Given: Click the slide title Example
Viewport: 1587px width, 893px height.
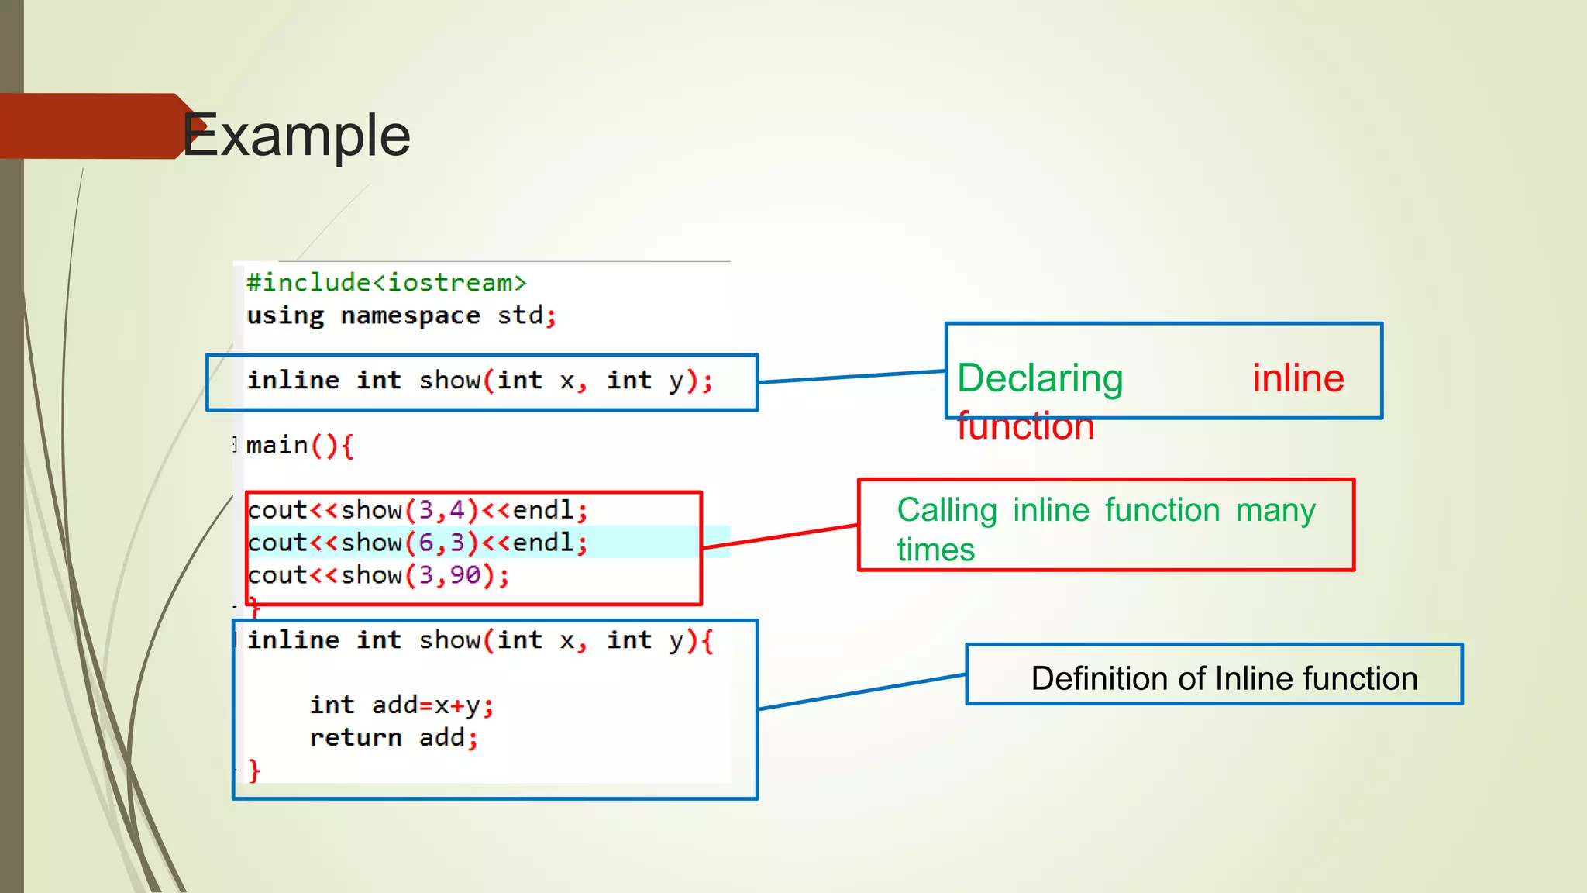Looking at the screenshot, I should pyautogui.click(x=297, y=136).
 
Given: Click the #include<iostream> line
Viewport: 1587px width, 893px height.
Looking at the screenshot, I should pyautogui.click(x=386, y=283).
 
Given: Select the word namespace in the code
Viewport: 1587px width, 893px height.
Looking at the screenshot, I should pyautogui.click(x=410, y=316).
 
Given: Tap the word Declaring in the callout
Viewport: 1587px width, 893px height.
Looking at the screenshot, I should pyautogui.click(x=1040, y=378).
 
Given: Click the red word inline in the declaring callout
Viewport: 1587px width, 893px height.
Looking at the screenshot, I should pyautogui.click(x=1298, y=378).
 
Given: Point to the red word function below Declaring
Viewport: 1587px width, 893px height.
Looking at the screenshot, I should pyautogui.click(x=1025, y=426).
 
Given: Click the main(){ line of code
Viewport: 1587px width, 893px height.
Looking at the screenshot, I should pyautogui.click(x=299, y=446).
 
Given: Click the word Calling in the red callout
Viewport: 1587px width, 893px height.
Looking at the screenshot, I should pyautogui.click(x=946, y=510).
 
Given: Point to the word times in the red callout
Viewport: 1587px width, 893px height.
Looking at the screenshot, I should pyautogui.click(x=935, y=550).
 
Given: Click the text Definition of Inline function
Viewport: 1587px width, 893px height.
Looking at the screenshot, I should pyautogui.click(x=1224, y=678).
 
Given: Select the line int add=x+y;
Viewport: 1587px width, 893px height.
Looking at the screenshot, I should pyautogui.click(x=401, y=705).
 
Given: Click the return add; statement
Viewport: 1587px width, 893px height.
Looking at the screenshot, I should pyautogui.click(x=393, y=737).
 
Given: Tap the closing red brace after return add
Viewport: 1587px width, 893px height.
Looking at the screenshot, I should pyautogui.click(x=254, y=770).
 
